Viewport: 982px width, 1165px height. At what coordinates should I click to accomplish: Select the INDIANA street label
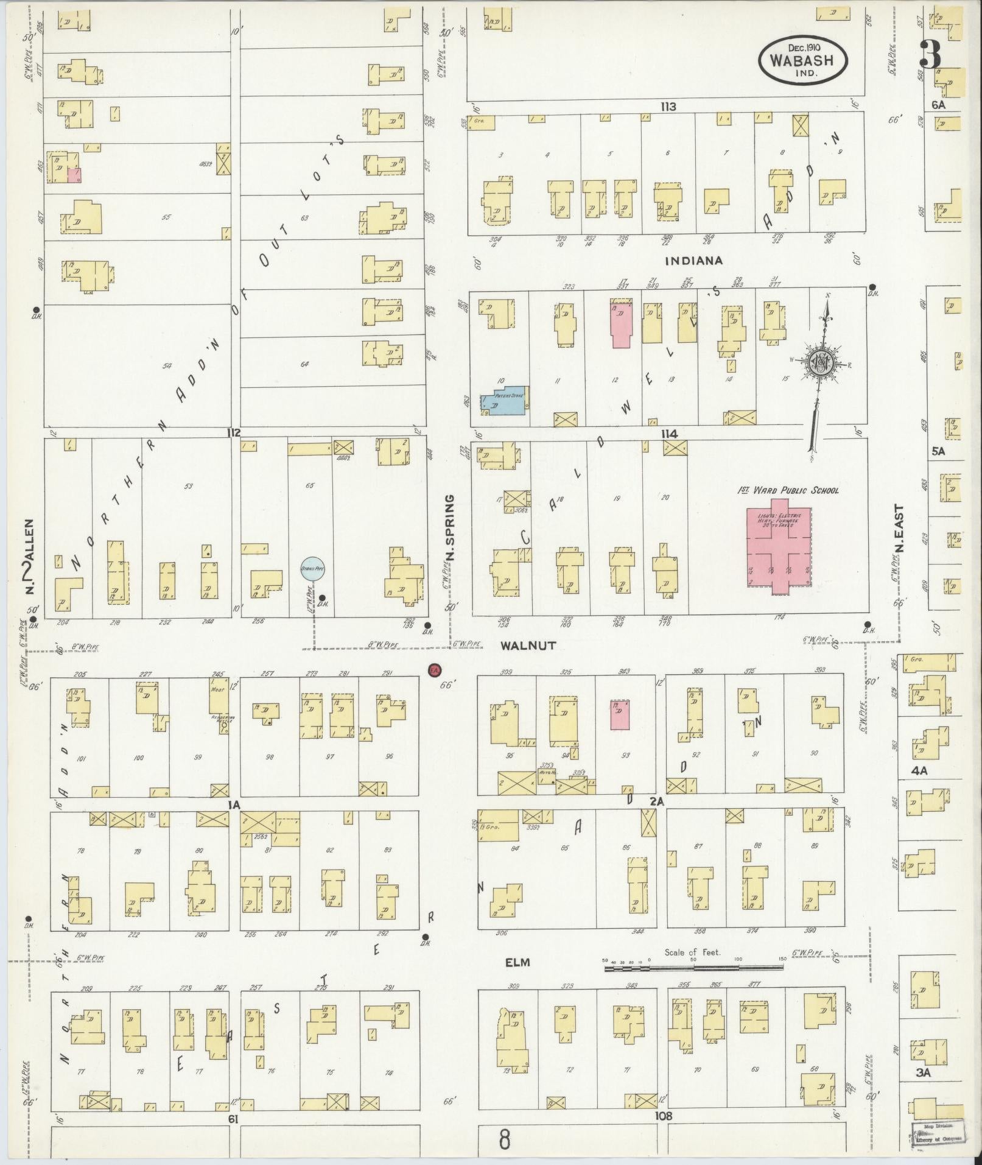coord(694,261)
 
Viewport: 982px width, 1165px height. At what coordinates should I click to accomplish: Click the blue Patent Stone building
coord(505,400)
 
